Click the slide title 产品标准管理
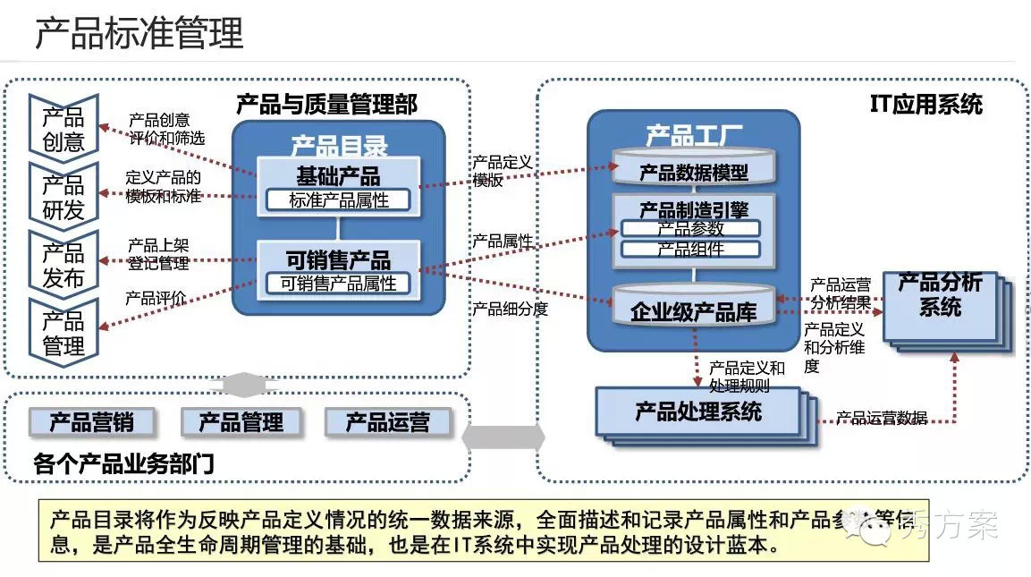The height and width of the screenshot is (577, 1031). click(139, 33)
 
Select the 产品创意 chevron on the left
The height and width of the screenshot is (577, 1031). click(63, 129)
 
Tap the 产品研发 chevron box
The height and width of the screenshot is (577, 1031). click(63, 196)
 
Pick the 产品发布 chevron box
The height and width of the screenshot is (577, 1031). click(63, 264)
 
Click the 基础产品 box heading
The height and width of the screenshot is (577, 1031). click(338, 174)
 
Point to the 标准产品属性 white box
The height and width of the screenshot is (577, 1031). click(338, 200)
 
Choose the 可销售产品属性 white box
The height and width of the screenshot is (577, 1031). click(338, 284)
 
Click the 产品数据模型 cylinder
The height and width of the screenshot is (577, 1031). click(693, 171)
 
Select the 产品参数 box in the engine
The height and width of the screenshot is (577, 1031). click(691, 228)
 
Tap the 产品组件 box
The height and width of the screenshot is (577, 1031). click(691, 249)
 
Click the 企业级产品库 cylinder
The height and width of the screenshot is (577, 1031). click(693, 310)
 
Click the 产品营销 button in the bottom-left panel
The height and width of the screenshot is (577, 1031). click(91, 421)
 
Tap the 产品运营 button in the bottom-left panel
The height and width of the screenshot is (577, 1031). click(387, 421)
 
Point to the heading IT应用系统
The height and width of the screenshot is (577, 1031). click(925, 105)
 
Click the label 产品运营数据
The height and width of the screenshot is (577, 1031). click(882, 418)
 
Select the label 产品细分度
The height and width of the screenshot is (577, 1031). click(510, 310)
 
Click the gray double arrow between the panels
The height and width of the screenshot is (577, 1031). click(503, 437)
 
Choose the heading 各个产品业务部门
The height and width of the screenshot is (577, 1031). click(123, 463)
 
